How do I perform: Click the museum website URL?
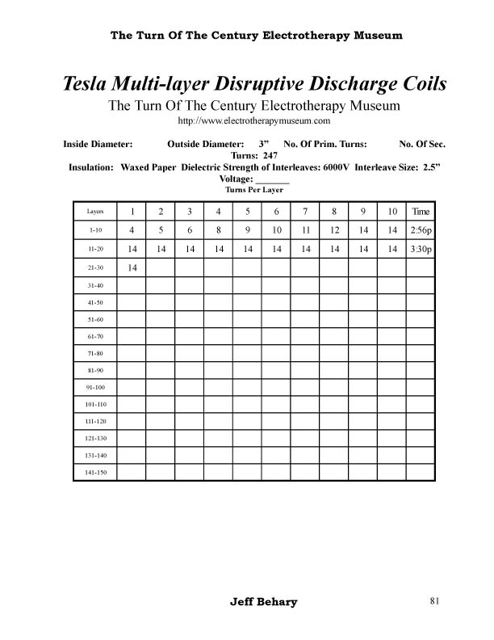tap(254, 121)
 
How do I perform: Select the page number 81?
tap(434, 601)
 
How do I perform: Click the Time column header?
tap(421, 212)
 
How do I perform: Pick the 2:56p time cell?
tap(421, 230)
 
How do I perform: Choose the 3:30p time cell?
tap(421, 249)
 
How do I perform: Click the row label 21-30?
tap(95, 267)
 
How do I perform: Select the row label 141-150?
tap(95, 472)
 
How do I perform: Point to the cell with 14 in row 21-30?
tap(132, 267)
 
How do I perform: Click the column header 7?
tap(305, 212)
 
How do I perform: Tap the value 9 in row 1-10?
tap(247, 230)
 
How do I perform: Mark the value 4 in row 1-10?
tap(132, 230)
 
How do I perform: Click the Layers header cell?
tap(95, 212)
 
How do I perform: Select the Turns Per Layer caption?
tap(253, 190)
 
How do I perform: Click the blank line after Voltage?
tap(272, 179)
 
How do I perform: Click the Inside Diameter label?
tap(97, 144)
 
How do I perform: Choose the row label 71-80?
tap(95, 354)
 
